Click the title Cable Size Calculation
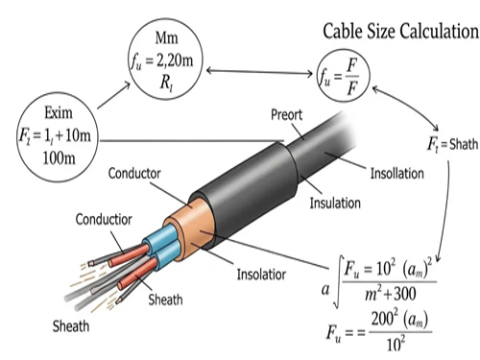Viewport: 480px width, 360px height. coord(400,32)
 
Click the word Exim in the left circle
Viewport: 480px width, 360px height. coord(59,113)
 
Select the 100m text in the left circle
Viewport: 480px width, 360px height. coord(59,158)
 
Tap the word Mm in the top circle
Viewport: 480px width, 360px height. coord(166,38)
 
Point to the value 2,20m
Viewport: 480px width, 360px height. coord(175,60)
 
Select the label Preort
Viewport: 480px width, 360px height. coord(286,115)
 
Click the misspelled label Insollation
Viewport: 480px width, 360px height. coord(397,174)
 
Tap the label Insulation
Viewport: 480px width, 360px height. coord(335,204)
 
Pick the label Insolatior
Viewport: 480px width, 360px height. coord(261,275)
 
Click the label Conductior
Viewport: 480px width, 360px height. coord(104,220)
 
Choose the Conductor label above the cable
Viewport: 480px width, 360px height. coord(134,174)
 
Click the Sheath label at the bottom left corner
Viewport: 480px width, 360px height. coord(71,326)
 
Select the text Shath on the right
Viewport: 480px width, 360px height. coord(464,144)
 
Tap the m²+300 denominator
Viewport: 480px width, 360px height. coord(391,294)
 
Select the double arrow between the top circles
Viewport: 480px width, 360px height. coord(259,72)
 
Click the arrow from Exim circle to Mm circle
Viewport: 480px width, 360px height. coord(114,95)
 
